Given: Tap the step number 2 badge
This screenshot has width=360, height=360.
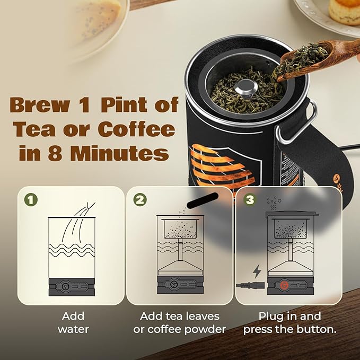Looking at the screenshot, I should pos(140,200).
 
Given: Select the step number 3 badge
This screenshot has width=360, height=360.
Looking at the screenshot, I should pos(249,201).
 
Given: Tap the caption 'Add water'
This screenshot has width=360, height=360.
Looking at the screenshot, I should pos(73,322).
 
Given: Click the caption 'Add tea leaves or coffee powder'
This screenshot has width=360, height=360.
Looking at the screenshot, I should pos(179,322).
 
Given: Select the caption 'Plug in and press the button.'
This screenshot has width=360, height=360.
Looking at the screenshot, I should pos(289,322).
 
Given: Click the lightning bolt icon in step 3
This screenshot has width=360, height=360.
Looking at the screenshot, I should pos(257,271).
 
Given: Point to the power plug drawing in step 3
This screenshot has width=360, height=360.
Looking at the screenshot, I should pos(248,286).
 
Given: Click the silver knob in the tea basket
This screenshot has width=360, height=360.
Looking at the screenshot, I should pos(244,87).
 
